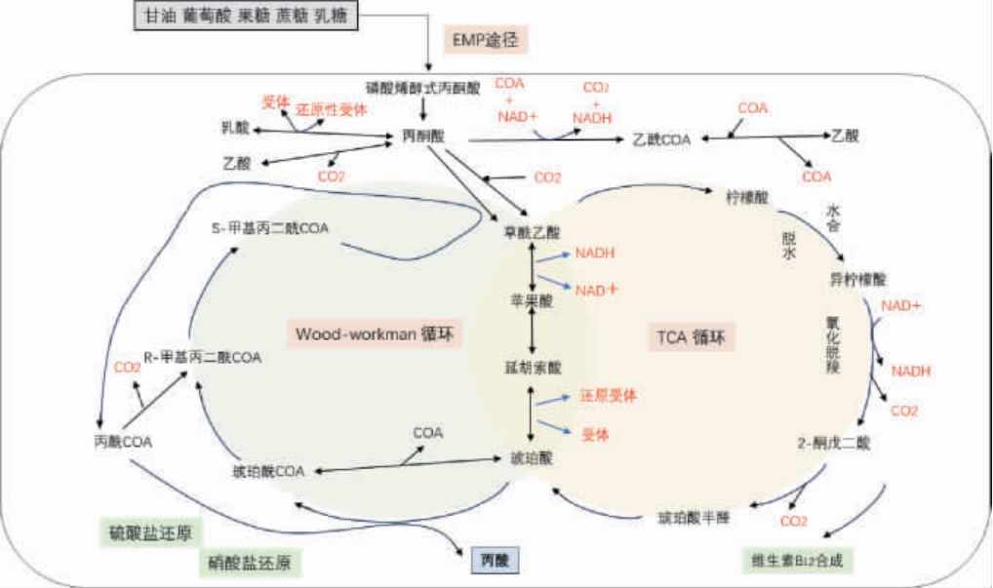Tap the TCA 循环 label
click(691, 338)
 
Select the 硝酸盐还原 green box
click(250, 563)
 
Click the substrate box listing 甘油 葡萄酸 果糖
click(247, 17)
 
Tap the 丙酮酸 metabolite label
click(422, 136)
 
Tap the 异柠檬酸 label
click(857, 279)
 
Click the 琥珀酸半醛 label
click(694, 516)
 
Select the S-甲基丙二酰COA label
click(270, 228)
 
